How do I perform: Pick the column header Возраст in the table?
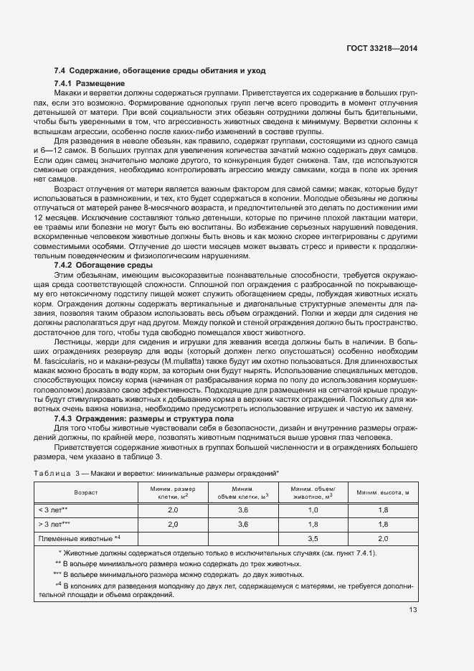click(85, 493)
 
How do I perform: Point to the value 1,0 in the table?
click(313, 510)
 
